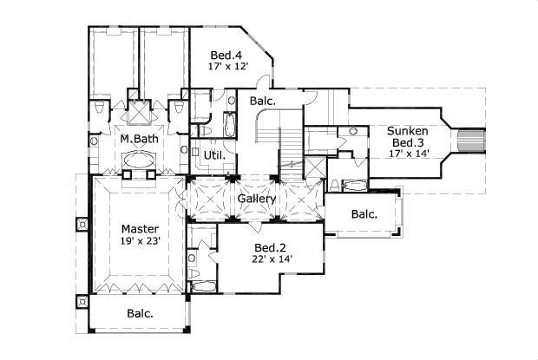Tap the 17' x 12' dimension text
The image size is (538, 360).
(227, 66)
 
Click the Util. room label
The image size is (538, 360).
(214, 156)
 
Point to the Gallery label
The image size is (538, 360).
(257, 200)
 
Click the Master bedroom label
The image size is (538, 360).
(141, 229)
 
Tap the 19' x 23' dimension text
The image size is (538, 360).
(141, 242)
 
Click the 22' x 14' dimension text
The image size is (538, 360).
(272, 259)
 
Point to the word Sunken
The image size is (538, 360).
(408, 130)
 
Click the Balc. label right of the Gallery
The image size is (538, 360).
(364, 214)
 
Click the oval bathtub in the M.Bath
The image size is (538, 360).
(136, 160)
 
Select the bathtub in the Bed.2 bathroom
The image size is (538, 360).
(201, 287)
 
